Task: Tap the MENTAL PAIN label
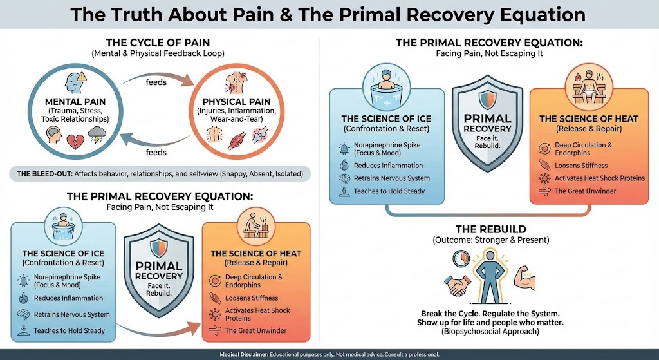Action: pyautogui.click(x=76, y=101)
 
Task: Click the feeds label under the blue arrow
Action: pyautogui.click(x=156, y=153)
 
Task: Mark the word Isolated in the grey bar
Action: pyautogui.click(x=286, y=175)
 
